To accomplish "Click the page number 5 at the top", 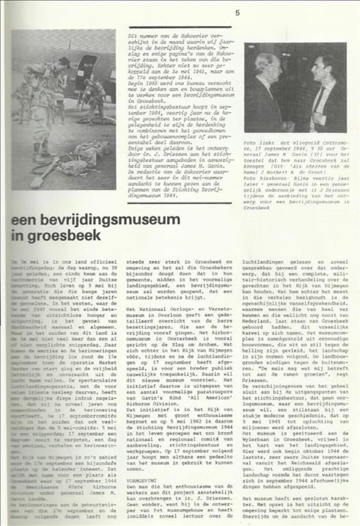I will (238, 13).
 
